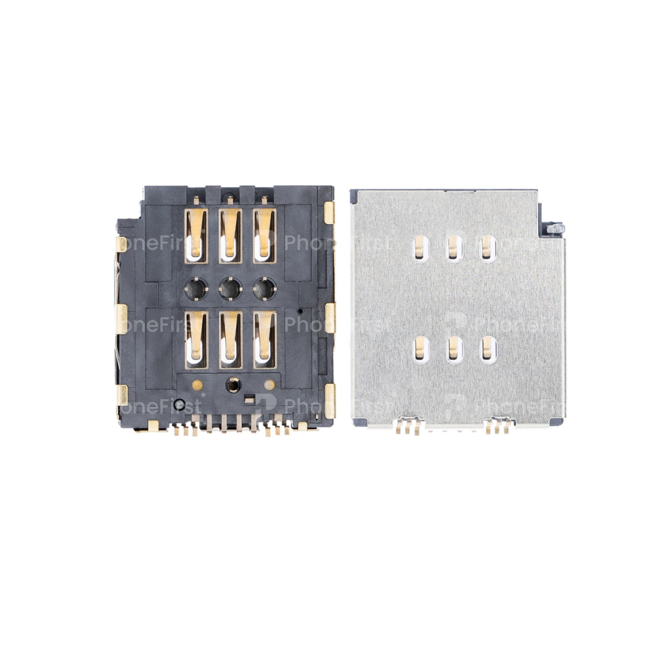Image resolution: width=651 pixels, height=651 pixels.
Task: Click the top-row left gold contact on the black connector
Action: pos(196,235)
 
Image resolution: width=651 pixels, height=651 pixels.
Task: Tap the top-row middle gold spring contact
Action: pos(230,235)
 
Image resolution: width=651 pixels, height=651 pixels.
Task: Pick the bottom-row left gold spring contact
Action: pos(196,339)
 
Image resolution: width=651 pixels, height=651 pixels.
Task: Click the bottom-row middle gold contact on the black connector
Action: pos(230,339)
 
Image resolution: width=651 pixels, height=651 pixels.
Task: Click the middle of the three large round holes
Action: pos(230,290)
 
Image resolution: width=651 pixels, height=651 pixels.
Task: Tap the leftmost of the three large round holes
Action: pos(196,290)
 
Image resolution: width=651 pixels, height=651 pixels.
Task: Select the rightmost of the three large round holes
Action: pos(265,290)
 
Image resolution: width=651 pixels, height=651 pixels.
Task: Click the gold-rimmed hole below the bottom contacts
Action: pos(231,385)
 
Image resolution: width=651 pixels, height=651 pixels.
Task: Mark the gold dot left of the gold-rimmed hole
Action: pos(197,384)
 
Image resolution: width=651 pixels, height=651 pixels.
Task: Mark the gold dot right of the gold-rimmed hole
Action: pos(269,384)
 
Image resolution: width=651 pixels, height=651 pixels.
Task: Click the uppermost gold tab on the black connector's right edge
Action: pos(329,212)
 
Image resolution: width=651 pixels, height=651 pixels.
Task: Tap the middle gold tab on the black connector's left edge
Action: pos(121,318)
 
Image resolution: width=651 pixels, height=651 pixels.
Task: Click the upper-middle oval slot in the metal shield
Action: pos(454,248)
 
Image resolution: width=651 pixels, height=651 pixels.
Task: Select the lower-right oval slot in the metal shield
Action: pos(488,349)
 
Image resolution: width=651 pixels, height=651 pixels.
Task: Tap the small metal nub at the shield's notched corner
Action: pos(556,228)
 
